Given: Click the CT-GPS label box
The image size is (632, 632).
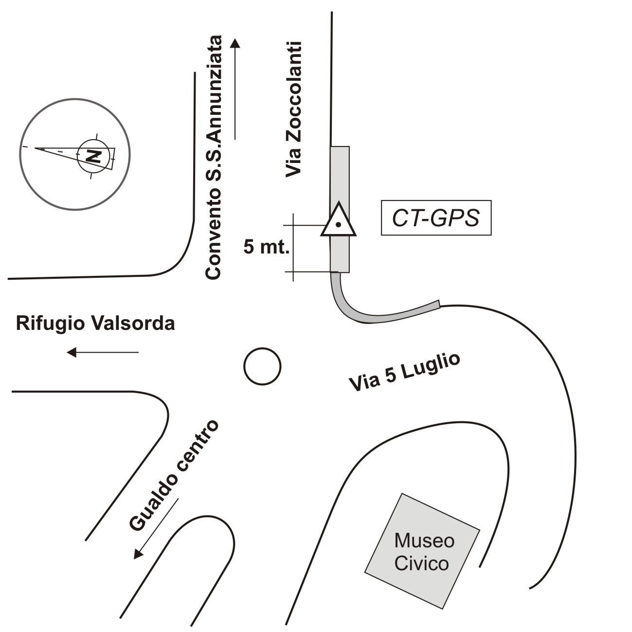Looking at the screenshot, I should pos(436,218).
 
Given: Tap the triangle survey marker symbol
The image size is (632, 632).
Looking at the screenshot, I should pos(338,222).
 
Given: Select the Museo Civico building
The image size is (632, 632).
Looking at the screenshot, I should pos(422,551).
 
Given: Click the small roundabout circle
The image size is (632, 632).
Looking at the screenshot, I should pos(262,366).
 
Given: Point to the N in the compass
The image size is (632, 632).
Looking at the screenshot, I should pos(93,156).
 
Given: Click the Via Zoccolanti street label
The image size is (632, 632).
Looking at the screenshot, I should pos(294,109).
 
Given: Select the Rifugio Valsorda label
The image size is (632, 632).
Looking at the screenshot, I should pos(95,324).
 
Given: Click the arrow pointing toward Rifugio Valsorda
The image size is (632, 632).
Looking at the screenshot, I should pos(103,352).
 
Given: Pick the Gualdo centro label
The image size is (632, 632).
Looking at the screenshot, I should pos(174,475).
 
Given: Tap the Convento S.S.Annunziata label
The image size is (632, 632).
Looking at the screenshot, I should pos(213,157).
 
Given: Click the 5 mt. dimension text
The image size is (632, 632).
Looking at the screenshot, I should pos(267,248).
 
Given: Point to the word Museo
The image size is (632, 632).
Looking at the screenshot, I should pos(424,541).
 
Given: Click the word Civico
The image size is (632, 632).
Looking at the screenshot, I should pos(421,563).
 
